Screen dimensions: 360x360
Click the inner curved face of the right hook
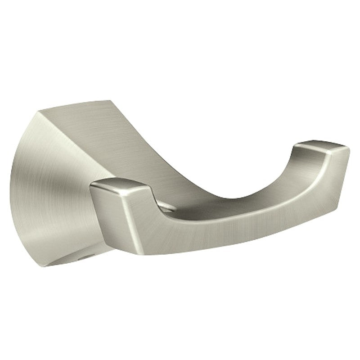click(288, 180)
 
